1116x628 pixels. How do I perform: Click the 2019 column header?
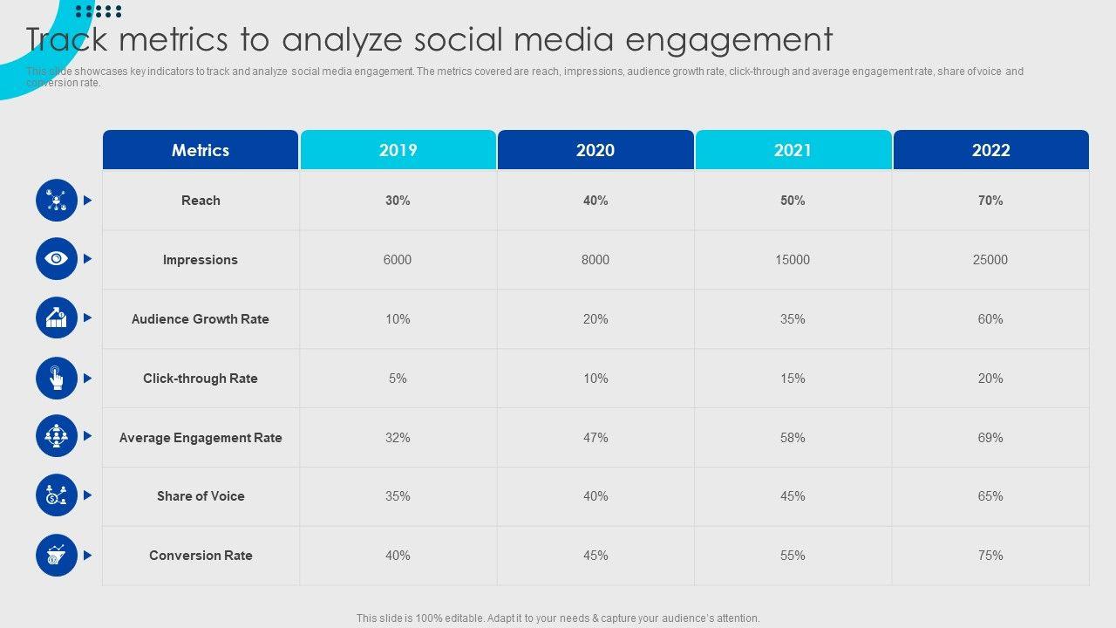click(398, 150)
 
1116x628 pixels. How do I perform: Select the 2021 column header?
click(793, 150)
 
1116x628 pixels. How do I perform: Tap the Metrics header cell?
click(201, 150)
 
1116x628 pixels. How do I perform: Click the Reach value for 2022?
click(990, 201)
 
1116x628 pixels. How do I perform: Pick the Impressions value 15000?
click(793, 260)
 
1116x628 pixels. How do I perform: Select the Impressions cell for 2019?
click(398, 260)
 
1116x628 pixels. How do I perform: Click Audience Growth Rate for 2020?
click(595, 319)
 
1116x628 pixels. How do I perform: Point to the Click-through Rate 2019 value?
click(398, 379)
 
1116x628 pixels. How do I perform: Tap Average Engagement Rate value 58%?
click(793, 438)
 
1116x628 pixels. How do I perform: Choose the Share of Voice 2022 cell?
click(990, 496)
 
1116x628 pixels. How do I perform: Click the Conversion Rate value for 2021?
click(793, 556)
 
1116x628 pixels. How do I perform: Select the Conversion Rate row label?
click(201, 556)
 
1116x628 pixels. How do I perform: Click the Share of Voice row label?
click(201, 496)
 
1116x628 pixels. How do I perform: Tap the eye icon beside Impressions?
click(57, 259)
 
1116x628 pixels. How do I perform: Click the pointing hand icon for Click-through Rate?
click(57, 378)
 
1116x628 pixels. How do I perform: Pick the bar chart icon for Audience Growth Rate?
click(57, 318)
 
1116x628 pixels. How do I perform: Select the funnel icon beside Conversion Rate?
click(57, 555)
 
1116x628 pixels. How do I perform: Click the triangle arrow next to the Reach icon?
click(87, 201)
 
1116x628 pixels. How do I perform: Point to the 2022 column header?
click(990, 150)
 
